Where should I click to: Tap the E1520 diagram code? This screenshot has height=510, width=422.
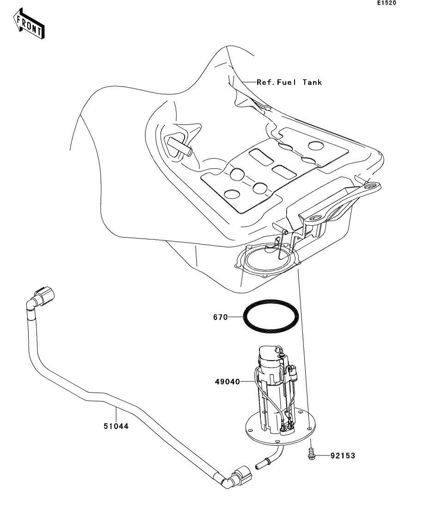(x=386, y=3)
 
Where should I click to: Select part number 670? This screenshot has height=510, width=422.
(x=220, y=318)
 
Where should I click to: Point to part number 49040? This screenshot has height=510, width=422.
(x=226, y=382)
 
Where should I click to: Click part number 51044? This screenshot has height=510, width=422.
(x=115, y=426)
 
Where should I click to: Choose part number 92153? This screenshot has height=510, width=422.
(x=343, y=456)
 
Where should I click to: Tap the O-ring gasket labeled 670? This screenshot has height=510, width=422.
(x=271, y=317)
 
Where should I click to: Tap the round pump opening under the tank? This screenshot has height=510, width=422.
(x=268, y=259)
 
